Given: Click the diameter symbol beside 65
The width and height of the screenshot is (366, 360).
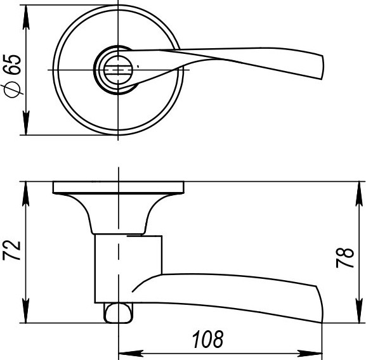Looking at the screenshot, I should (x=13, y=90).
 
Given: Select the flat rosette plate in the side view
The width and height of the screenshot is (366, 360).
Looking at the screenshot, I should (x=119, y=187).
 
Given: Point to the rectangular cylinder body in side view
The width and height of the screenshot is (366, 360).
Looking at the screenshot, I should (x=127, y=266).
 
